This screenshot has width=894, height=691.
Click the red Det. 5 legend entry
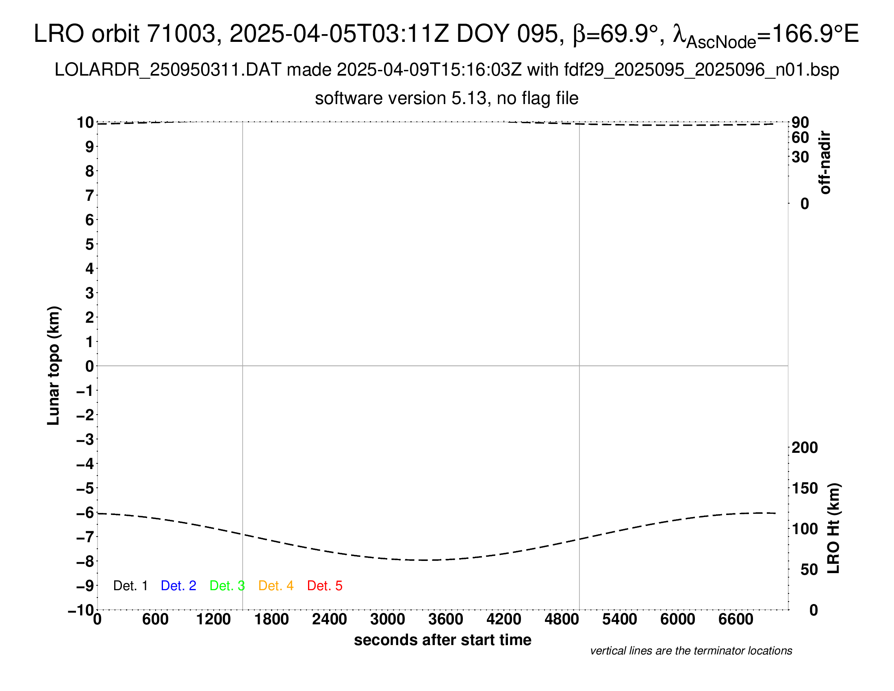pyautogui.click(x=325, y=586)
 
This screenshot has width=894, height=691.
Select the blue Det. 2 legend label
pyautogui.click(x=178, y=586)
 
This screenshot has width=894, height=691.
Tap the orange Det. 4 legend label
pyautogui.click(x=276, y=586)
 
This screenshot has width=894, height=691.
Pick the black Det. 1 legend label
pyautogui.click(x=130, y=586)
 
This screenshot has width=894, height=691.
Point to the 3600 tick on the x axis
pyautogui.click(x=446, y=619)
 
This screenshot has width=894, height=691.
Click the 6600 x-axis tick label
pyautogui.click(x=736, y=619)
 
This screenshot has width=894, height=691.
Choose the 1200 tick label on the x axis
pyautogui.click(x=213, y=619)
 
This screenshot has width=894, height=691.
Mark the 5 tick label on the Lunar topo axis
pyautogui.click(x=90, y=244)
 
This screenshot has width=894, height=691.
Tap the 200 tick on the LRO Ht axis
pyautogui.click(x=805, y=448)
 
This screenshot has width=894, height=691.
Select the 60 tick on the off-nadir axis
pyautogui.click(x=800, y=137)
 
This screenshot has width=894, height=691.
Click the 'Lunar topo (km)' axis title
pyautogui.click(x=54, y=365)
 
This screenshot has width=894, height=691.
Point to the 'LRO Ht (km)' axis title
pyautogui.click(x=834, y=528)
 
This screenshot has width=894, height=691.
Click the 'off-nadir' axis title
pyautogui.click(x=825, y=163)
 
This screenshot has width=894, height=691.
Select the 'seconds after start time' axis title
pyautogui.click(x=443, y=640)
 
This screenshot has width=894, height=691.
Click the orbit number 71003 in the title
pyautogui.click(x=181, y=34)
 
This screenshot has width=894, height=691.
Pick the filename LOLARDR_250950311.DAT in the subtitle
pyautogui.click(x=168, y=70)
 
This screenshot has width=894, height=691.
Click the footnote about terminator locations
pyautogui.click(x=691, y=651)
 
